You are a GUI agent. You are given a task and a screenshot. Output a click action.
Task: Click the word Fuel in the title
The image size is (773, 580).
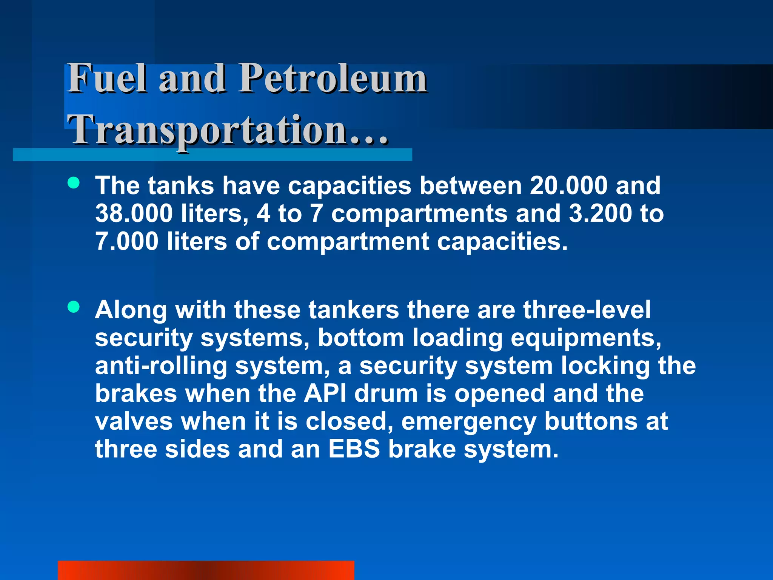(107, 78)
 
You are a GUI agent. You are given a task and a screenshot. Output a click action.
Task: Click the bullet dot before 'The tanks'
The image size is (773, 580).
(74, 183)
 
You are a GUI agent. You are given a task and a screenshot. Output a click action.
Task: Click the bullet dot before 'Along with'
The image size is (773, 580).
(74, 307)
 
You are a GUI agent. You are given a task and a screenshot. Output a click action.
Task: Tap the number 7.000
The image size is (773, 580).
(127, 241)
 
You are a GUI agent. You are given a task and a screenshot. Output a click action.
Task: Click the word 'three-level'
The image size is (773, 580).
(587, 310)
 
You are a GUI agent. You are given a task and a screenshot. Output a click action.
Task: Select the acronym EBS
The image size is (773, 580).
(354, 449)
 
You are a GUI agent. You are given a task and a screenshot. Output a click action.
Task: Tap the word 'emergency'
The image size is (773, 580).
(468, 422)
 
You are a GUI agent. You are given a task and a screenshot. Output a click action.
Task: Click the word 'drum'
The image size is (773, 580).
(386, 393)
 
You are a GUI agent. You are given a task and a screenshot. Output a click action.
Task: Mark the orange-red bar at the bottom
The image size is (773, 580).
(206, 570)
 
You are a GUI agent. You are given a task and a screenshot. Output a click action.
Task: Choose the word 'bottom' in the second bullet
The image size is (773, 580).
(361, 338)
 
